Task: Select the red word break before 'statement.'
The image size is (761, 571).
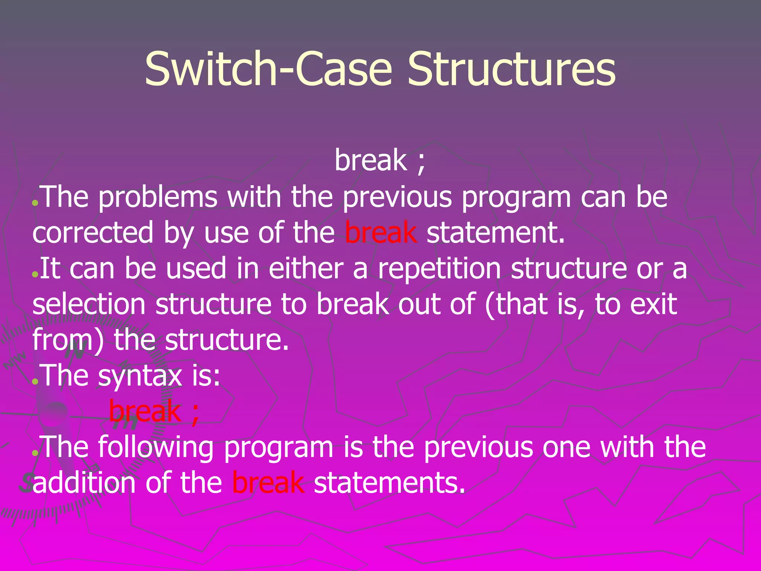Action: coord(381,232)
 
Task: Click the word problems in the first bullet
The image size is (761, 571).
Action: coord(158,197)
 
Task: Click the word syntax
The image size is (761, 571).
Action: coord(140,376)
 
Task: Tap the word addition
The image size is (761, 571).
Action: coord(84,483)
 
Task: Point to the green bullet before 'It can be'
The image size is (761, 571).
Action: coord(35,274)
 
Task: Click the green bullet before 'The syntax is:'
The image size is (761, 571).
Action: coord(35,381)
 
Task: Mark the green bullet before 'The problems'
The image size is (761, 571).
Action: coord(35,203)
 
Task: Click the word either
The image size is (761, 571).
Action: coord(305,268)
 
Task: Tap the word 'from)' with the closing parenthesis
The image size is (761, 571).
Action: coord(68,340)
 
